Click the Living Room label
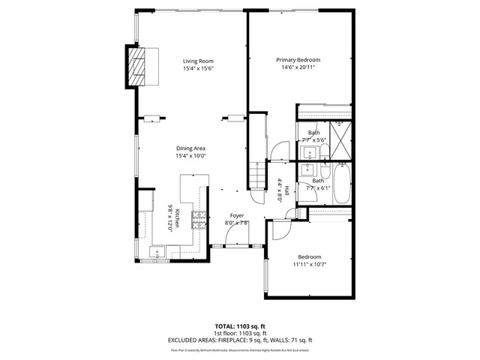point(199,61)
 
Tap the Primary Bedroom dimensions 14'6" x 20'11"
point(298,67)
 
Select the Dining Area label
point(190,148)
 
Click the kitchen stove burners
point(199,218)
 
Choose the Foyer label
point(236,215)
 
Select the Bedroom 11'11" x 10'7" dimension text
point(309,264)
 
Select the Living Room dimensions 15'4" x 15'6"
point(199,68)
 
